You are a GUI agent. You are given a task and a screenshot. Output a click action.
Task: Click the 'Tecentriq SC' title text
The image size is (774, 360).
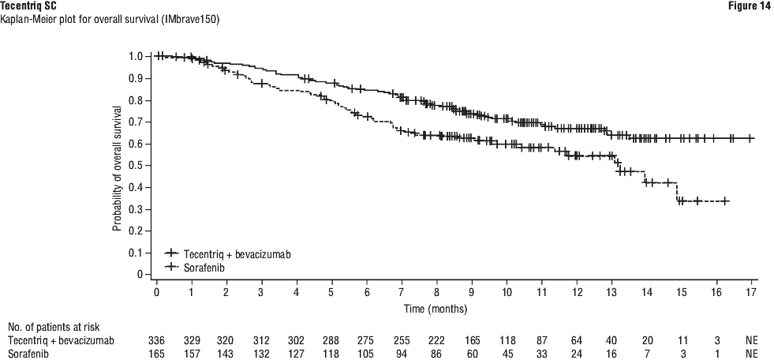(x=28, y=6)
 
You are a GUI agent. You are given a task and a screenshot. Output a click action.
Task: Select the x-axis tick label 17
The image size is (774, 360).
(x=751, y=292)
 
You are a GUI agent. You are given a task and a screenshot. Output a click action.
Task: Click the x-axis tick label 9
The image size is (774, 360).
(x=471, y=292)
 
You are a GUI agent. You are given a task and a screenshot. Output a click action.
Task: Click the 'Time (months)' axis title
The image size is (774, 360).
(x=436, y=307)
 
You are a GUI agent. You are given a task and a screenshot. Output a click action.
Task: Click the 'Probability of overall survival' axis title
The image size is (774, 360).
(x=117, y=167)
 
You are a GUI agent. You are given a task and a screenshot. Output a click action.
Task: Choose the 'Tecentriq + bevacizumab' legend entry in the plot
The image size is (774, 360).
(x=228, y=253)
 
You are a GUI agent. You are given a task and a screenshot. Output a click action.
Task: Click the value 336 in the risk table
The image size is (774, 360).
(x=157, y=339)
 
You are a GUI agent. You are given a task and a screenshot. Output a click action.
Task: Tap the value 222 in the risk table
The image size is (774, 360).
(x=436, y=339)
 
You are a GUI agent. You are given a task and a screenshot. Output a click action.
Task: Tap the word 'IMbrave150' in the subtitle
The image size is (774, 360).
(x=188, y=18)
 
